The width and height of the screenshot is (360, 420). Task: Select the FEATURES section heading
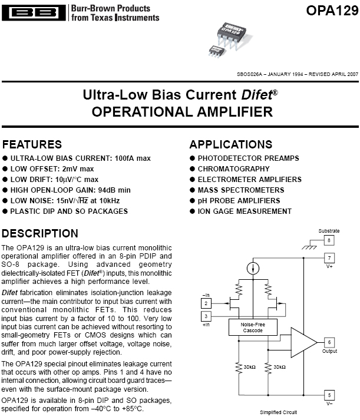32,144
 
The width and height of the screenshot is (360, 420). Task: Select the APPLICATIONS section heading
231,144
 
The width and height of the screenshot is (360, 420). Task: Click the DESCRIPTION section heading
40,233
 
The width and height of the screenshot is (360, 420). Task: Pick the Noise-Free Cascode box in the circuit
252,327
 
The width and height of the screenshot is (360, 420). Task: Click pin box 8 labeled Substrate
330,240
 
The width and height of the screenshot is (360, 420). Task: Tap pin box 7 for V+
330,258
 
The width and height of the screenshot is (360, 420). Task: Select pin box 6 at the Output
330,342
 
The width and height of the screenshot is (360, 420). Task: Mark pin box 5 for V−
330,395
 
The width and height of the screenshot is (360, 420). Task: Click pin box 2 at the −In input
206,303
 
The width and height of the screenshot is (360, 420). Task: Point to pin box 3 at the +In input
206,316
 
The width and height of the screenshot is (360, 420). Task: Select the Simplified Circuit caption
279,413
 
